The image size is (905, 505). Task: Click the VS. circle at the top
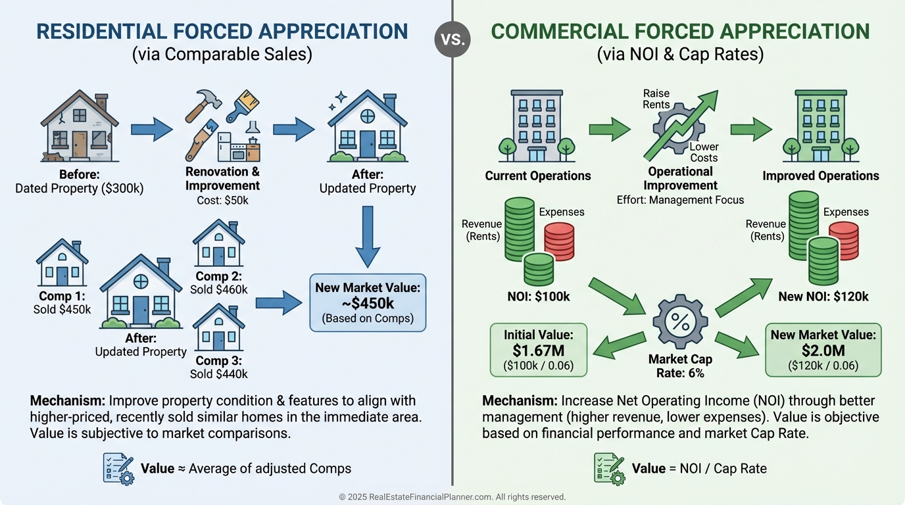(x=452, y=39)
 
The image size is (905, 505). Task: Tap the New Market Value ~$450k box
(x=368, y=302)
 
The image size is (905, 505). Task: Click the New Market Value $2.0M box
(x=823, y=349)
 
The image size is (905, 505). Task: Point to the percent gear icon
(x=679, y=322)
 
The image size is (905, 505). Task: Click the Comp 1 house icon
(x=62, y=262)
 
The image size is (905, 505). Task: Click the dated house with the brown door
(x=79, y=128)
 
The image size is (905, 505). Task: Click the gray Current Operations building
(x=537, y=126)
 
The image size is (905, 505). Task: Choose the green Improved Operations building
(x=821, y=126)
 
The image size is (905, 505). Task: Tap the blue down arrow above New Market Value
(x=368, y=237)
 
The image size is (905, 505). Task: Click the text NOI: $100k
(x=539, y=297)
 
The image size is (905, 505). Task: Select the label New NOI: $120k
(x=823, y=297)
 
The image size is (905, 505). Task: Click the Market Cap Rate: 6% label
(x=679, y=366)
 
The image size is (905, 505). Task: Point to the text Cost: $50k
(x=222, y=199)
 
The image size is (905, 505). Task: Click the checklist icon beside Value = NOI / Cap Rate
(x=608, y=469)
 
